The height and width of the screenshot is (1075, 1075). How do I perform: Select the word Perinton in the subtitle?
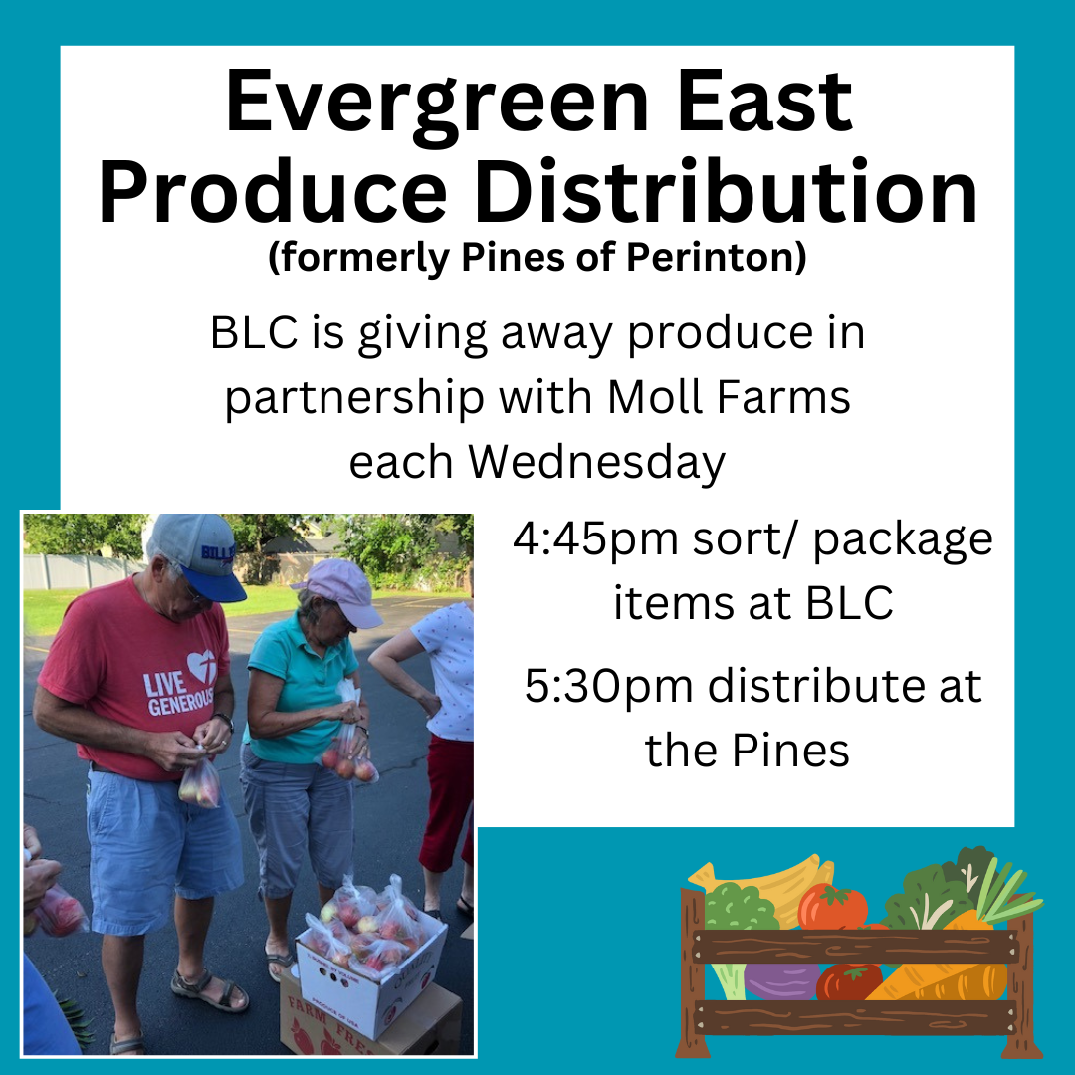tap(717, 257)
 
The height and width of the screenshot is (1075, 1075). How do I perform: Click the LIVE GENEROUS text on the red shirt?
tap(178, 694)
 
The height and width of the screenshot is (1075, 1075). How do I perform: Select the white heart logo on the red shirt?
tap(202, 665)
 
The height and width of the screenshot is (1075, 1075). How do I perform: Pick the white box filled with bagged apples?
tap(370, 957)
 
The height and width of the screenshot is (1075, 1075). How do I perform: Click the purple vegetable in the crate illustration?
tap(781, 980)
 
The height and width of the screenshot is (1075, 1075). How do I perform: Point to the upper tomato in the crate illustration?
tap(832, 907)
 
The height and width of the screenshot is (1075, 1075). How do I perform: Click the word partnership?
tap(353, 398)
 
